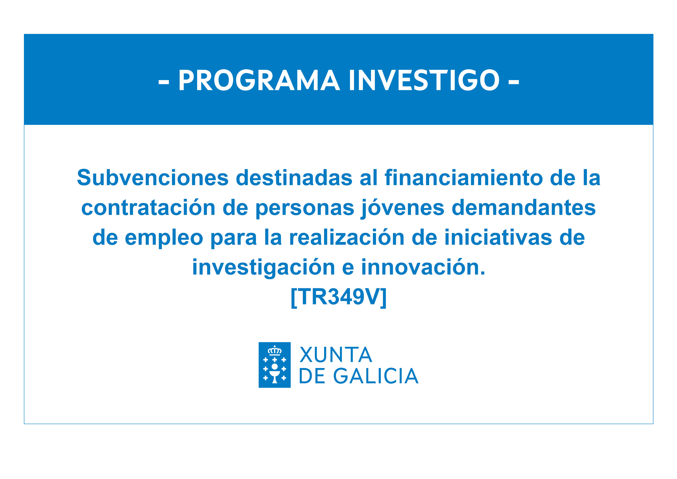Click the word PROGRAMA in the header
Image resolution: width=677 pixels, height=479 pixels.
click(x=259, y=81)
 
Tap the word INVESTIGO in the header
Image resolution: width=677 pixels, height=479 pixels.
click(x=424, y=81)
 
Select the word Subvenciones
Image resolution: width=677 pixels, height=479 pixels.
click(x=153, y=178)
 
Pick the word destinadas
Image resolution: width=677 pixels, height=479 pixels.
click(x=294, y=178)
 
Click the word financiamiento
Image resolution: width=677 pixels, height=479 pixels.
click(x=463, y=178)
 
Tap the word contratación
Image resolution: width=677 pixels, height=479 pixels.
click(x=148, y=208)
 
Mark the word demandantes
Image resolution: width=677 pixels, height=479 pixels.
click(x=524, y=208)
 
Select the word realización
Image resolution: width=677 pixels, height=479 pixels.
click(x=347, y=237)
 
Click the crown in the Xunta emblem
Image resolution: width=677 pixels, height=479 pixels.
click(x=275, y=350)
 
